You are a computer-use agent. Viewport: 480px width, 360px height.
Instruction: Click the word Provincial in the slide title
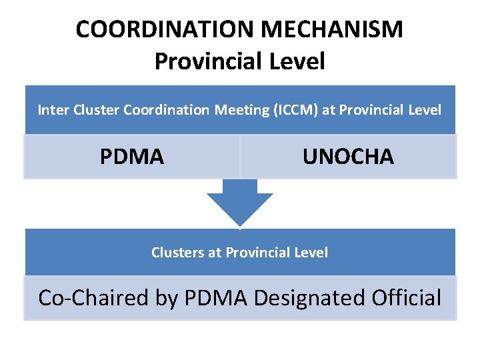207,61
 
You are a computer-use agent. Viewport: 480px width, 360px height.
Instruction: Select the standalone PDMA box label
132,157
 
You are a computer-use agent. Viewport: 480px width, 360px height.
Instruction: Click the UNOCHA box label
348,157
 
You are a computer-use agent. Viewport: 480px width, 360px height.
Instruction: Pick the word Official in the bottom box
407,297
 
